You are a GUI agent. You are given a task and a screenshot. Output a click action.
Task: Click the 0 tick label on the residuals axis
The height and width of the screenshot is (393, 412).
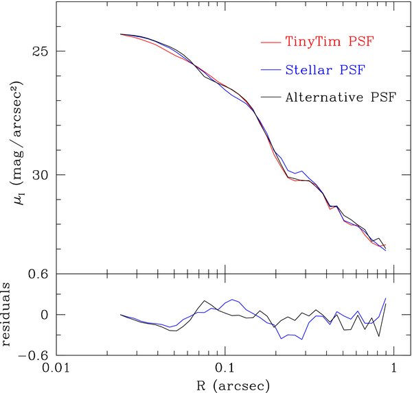(42, 315)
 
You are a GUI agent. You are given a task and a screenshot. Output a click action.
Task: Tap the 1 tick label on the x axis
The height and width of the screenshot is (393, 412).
(393, 368)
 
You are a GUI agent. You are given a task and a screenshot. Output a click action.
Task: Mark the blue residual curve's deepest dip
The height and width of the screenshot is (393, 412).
(281, 339)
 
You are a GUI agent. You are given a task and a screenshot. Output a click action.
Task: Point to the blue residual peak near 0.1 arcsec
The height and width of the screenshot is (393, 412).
(233, 299)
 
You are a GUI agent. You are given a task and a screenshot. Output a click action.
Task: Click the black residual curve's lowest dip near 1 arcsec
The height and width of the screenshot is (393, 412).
(378, 336)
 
